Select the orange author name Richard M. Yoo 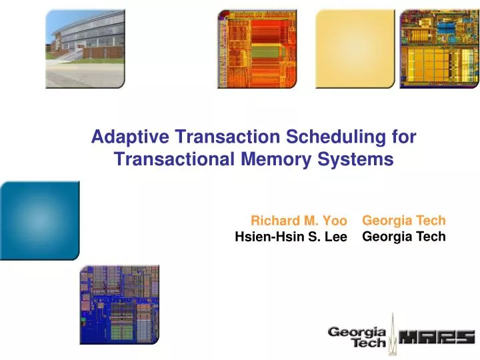click(299, 221)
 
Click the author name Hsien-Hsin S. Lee click(291, 236)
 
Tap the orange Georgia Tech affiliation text click(403, 220)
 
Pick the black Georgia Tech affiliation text click(403, 236)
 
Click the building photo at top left click(85, 49)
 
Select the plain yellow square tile click(351, 49)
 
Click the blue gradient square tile click(39, 220)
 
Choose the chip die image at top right click(439, 49)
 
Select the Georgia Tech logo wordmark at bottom click(357, 337)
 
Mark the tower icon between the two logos click(393, 333)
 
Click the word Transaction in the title click(227, 137)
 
